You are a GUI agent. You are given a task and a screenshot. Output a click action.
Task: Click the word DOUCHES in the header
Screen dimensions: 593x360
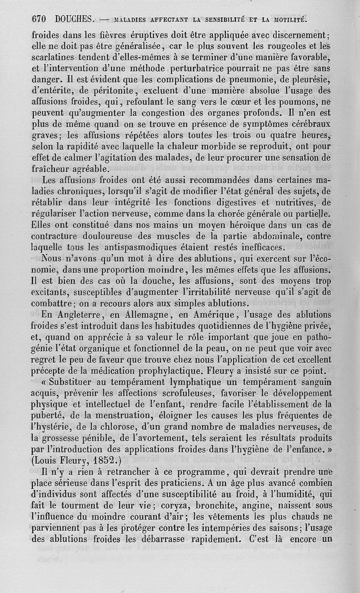click(x=74, y=19)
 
